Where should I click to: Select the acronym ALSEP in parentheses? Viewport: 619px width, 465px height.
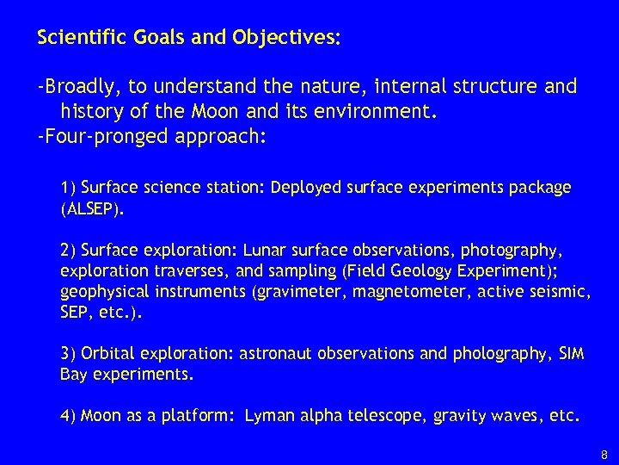coord(96,208)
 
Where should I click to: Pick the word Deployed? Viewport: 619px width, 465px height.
coord(306,187)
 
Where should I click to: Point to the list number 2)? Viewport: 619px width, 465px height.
coord(68,251)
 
